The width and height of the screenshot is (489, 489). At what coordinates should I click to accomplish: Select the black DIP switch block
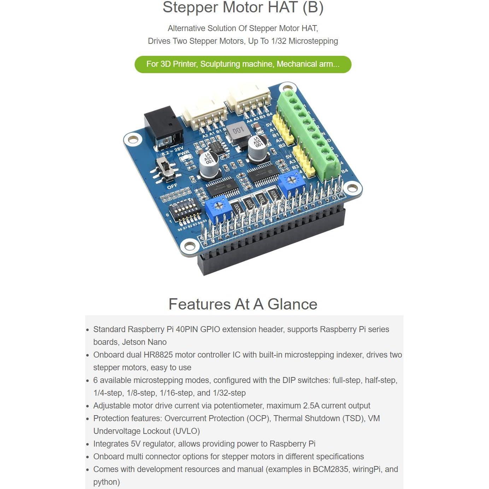[x=184, y=211]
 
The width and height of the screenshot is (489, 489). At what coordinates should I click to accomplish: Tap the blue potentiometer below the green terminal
[x=291, y=182]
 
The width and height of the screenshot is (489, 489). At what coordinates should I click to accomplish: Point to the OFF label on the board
[x=172, y=186]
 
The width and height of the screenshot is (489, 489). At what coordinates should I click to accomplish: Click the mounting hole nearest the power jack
[x=133, y=140]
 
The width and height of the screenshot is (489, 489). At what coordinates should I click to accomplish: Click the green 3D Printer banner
[x=243, y=64]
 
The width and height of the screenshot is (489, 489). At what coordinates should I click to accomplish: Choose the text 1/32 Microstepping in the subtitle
[x=305, y=41]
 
